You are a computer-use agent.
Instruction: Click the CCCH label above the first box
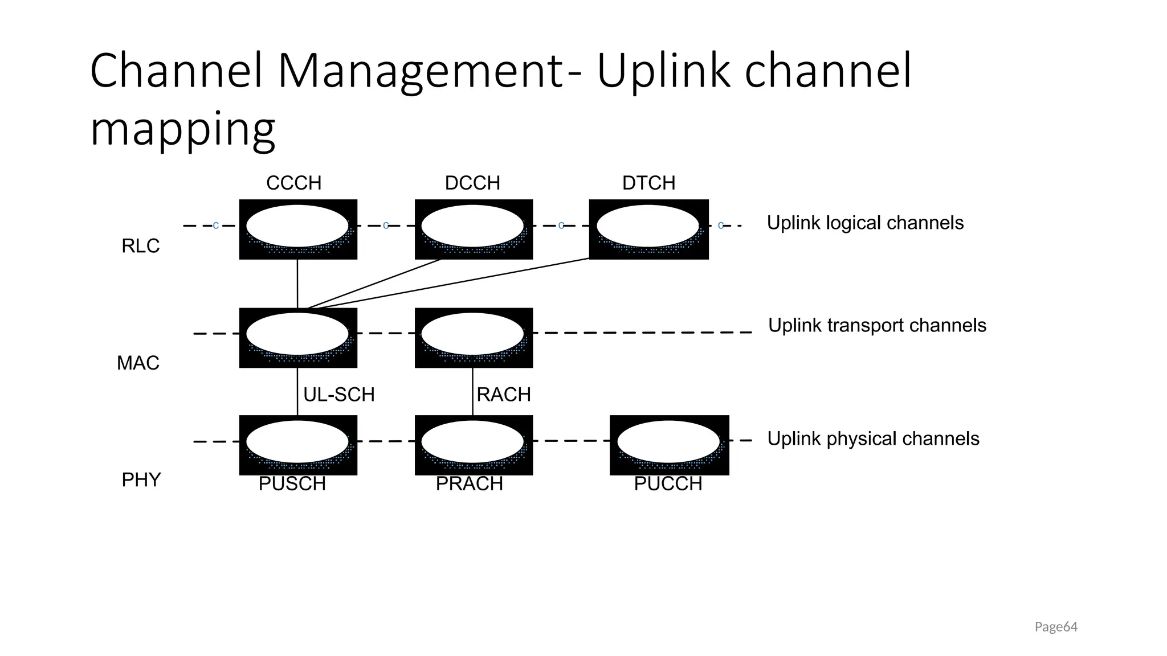coord(293,183)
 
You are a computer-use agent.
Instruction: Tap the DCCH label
coord(472,183)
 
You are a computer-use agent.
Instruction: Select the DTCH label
coord(648,183)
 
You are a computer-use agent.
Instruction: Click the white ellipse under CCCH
coord(297,225)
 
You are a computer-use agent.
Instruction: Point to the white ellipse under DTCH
coord(648,225)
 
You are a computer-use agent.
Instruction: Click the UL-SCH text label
coord(338,394)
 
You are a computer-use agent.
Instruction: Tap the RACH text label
coord(504,394)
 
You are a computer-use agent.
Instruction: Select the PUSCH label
coord(292,483)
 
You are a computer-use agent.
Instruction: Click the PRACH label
coord(470,483)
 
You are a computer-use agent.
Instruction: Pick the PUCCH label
coord(668,483)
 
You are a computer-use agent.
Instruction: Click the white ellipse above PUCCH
coord(668,442)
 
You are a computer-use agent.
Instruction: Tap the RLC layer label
coord(140,246)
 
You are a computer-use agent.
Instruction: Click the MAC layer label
coord(138,363)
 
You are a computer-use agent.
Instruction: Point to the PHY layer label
coord(141,480)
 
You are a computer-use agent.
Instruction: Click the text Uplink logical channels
coord(865,223)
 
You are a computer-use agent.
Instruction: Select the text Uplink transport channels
coord(877,325)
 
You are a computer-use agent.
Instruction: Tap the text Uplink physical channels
coord(873,438)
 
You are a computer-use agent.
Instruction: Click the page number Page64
coord(1056,627)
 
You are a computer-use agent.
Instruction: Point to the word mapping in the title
coord(182,130)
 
